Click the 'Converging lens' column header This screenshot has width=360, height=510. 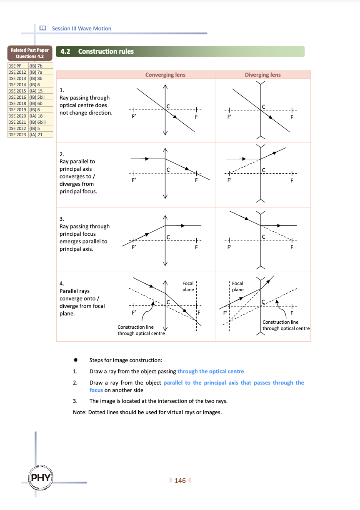point(165,75)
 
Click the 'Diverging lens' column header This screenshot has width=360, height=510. point(262,75)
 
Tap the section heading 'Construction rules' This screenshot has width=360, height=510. point(106,52)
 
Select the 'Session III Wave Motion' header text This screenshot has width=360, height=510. point(82,28)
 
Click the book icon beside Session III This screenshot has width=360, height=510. point(42,28)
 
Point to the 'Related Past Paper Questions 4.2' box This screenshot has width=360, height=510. point(30,53)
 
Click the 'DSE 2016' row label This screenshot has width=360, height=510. point(17,97)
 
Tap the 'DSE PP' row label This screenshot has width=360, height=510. point(15,66)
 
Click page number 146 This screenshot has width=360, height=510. point(180,481)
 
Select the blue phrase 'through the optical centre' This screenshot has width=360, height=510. point(210,371)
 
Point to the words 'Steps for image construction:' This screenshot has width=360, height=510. point(126,360)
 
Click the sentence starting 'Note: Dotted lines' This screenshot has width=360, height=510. point(147,412)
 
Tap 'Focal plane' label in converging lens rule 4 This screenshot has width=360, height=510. point(188,286)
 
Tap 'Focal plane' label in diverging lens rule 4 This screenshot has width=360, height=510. point(237,286)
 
